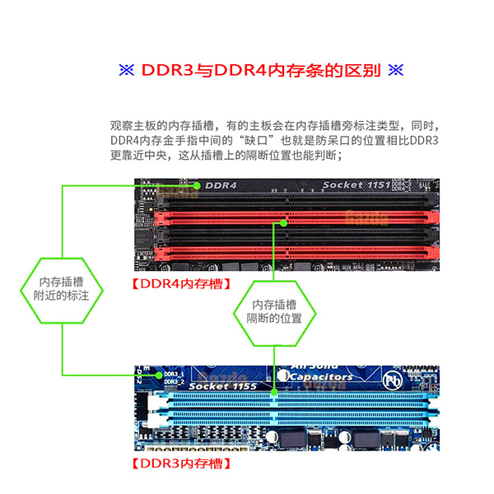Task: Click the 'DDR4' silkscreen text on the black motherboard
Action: (220, 185)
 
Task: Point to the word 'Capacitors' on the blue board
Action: (320, 376)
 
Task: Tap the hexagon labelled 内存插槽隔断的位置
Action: (274, 311)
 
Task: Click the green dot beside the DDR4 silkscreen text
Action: (198, 185)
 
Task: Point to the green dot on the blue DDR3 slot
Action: (274, 394)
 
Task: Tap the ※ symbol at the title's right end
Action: (394, 70)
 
